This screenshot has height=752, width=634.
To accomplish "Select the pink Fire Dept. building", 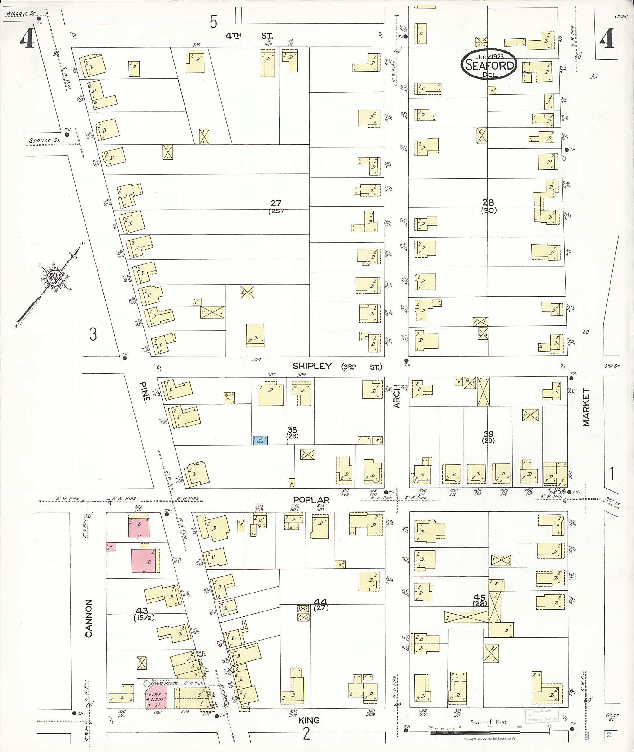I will tap(156, 698).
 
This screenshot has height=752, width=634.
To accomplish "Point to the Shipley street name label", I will tap(312, 366).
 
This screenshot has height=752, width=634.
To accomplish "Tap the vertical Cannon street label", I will tap(89, 619).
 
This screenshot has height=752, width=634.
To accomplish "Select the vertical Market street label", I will tap(586, 407).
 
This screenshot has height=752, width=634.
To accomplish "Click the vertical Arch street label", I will tap(397, 396).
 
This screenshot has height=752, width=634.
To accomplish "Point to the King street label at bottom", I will tap(309, 720).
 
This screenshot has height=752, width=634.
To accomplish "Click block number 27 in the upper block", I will tap(276, 203).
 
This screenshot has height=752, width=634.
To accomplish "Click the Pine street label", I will tap(145, 392).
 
